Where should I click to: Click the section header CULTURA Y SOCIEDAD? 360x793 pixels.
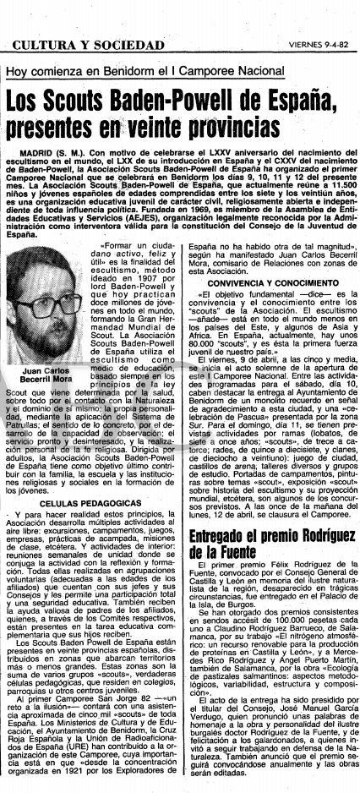pos(75,21)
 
